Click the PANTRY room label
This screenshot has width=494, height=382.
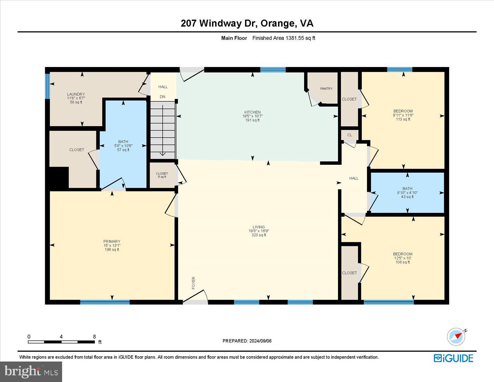tap(326, 89)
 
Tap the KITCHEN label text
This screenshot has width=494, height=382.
tap(252, 112)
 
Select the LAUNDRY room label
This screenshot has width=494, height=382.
tap(76, 94)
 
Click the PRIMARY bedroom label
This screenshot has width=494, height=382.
tap(112, 241)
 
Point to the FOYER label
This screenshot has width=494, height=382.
tap(193, 283)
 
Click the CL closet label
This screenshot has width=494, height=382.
tap(350, 135)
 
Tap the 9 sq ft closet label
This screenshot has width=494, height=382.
tap(162, 177)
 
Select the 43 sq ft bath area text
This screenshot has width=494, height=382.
tap(407, 197)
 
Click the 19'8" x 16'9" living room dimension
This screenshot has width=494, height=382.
tap(259, 231)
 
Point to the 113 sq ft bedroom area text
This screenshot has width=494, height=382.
tap(403, 119)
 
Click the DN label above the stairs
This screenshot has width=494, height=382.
tap(162, 97)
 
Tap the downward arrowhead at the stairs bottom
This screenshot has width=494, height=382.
tap(163, 154)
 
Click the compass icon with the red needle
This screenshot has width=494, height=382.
tap(456, 337)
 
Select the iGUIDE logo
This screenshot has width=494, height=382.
tap(453, 358)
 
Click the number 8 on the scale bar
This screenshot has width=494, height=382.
tap(94, 336)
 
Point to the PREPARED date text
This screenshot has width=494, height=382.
tap(247, 341)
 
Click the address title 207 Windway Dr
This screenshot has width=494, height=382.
tap(219, 23)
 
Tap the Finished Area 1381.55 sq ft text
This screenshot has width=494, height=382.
tap(284, 38)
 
